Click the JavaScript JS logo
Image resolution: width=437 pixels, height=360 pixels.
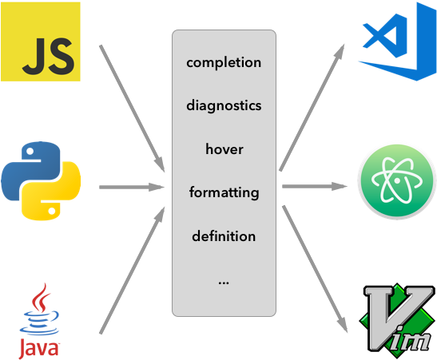point(41,42)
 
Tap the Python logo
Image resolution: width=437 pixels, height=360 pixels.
point(41,181)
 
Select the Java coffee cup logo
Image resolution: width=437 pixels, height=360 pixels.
point(39,321)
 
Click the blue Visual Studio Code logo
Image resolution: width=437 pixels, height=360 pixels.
point(397,42)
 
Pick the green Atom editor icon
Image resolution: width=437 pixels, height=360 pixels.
point(397,181)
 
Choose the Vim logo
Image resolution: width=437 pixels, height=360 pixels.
point(398,321)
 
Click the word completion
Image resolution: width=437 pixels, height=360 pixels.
point(224,62)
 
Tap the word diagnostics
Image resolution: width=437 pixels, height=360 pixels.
point(224,106)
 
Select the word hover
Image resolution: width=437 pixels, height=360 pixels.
point(224,149)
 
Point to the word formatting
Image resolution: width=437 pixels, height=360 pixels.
point(224,192)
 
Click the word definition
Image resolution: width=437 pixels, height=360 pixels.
point(224,236)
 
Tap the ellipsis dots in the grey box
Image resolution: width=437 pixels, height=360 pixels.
point(224,283)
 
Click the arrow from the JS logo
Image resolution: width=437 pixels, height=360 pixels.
point(132,109)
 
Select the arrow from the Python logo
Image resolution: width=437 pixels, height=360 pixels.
point(132,187)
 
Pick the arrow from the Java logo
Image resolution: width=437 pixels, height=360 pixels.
point(132,270)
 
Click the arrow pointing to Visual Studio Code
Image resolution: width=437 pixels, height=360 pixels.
point(312,108)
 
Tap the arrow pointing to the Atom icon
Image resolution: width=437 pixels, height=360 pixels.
point(315,186)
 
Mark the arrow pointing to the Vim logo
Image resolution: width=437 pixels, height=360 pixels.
point(315,269)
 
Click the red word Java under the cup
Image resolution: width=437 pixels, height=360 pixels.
point(39,348)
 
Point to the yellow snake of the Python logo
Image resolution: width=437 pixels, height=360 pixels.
point(53,192)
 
